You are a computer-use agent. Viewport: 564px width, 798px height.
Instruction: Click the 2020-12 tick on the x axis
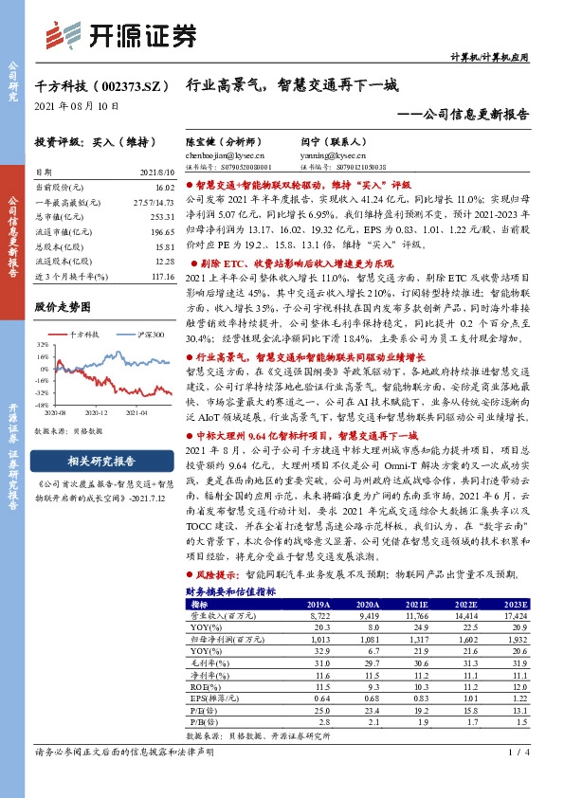(x=97, y=412)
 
